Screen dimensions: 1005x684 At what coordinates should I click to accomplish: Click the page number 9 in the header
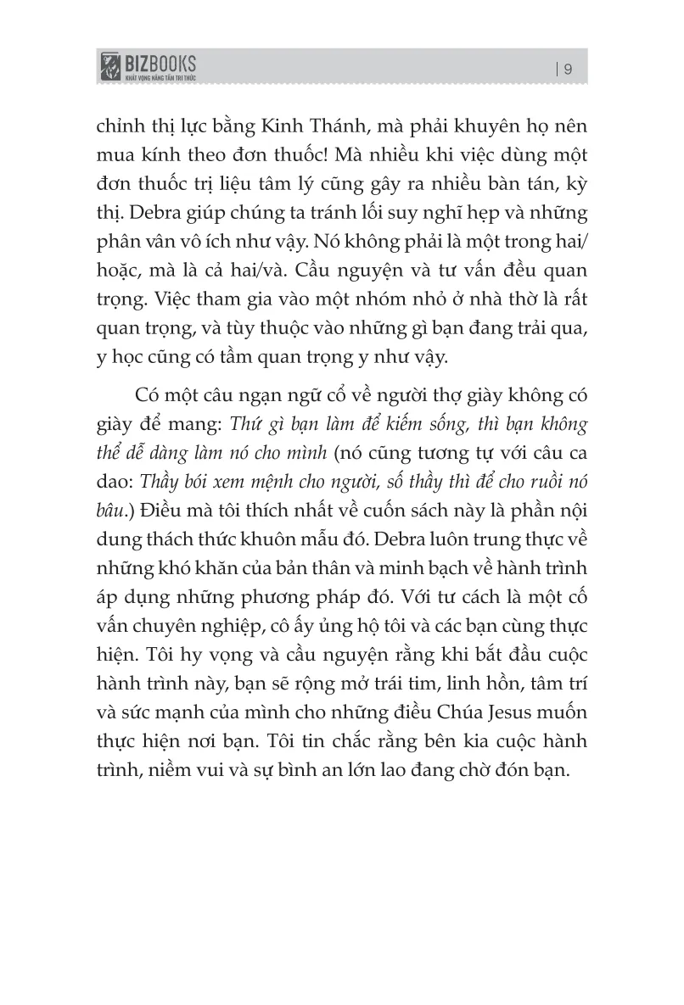point(568,70)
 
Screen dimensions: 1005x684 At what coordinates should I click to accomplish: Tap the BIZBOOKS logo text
point(160,62)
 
